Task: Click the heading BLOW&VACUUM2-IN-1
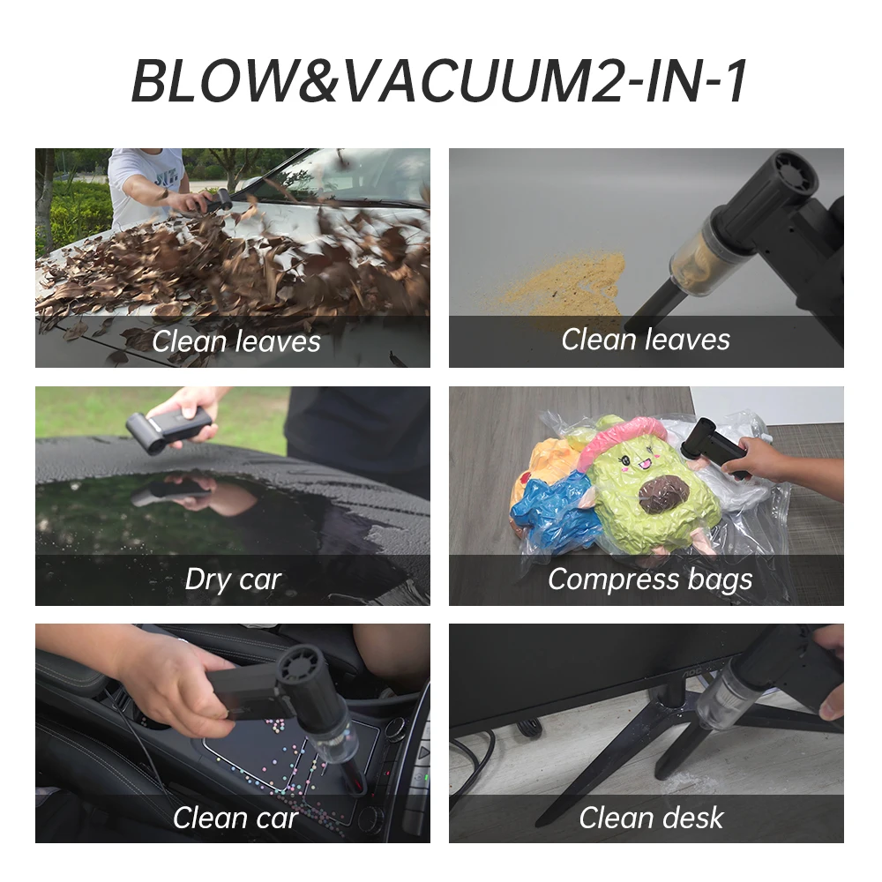click(x=440, y=81)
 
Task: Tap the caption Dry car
click(x=233, y=579)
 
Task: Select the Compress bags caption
click(x=650, y=579)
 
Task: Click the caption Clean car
click(x=235, y=818)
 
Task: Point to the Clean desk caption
click(x=651, y=818)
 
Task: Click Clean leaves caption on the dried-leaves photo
click(x=235, y=341)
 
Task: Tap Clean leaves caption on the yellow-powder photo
click(x=646, y=340)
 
